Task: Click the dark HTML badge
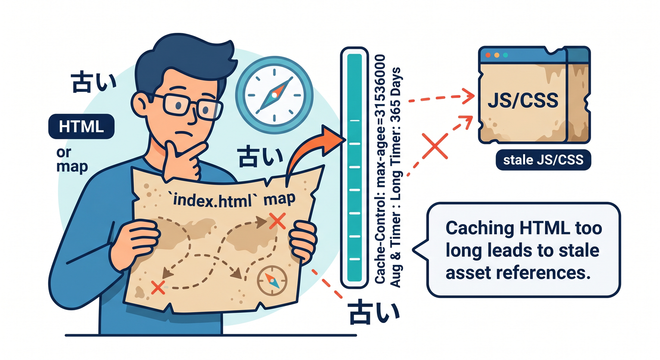tap(81, 127)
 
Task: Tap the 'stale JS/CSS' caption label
tap(543, 160)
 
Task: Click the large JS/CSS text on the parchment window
tap(523, 100)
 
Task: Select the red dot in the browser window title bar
tap(488, 55)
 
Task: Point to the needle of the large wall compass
tap(274, 95)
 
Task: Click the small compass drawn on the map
tap(272, 281)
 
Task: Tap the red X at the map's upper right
tap(277, 221)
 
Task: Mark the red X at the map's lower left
tap(158, 287)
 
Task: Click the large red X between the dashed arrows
tap(435, 146)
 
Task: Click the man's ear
tap(140, 104)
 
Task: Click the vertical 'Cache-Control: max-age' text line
tap(380, 169)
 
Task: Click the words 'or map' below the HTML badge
tap(72, 160)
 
